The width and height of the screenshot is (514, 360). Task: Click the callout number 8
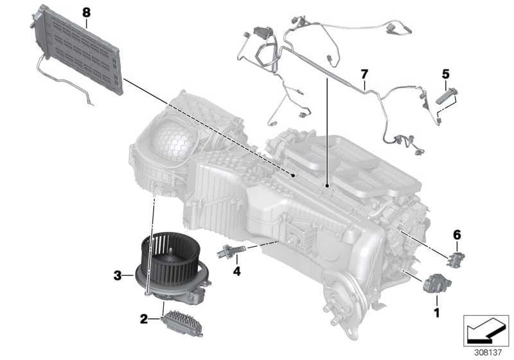[86, 13]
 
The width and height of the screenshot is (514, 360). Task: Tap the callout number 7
[364, 74]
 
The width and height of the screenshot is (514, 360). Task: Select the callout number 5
[445, 74]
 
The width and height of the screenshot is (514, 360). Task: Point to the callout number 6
[457, 235]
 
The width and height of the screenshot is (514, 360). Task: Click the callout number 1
[437, 312]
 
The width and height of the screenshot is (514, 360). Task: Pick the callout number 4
[236, 271]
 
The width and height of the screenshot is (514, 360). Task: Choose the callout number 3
[118, 276]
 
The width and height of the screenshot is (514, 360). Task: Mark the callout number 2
[144, 319]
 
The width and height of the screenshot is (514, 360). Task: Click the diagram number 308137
[488, 352]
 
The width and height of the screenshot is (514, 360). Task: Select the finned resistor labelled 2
[182, 323]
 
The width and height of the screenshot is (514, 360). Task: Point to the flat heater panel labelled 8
[77, 50]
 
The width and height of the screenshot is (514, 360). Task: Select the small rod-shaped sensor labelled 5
[446, 96]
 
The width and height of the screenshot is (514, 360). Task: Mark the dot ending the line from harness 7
[327, 186]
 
